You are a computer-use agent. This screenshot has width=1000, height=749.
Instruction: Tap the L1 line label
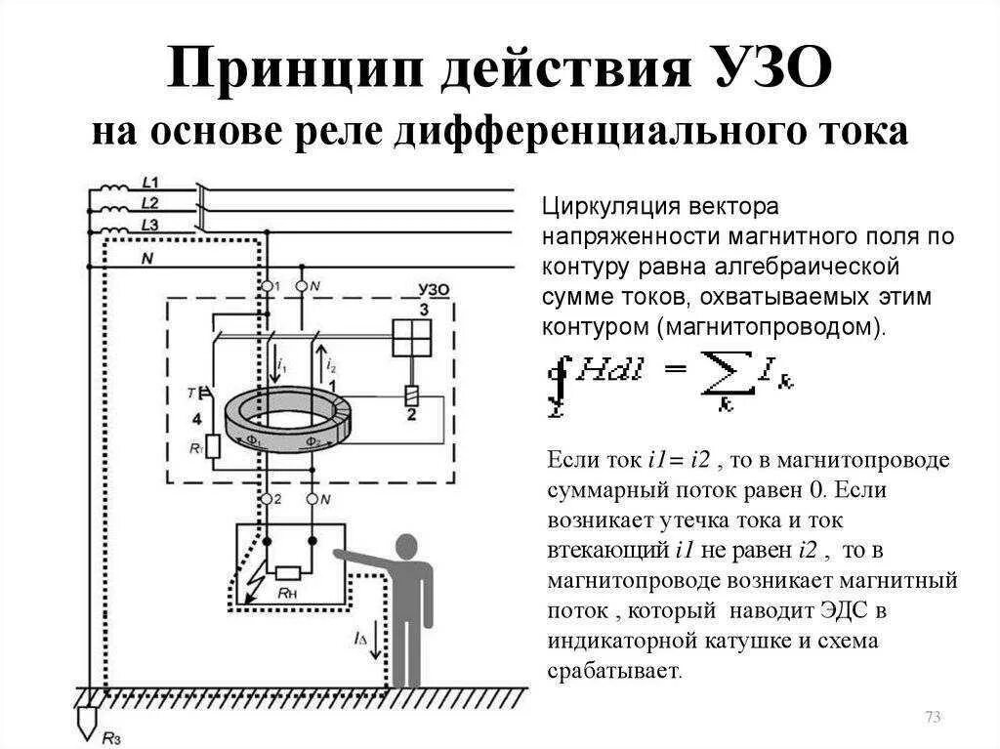pos(150,183)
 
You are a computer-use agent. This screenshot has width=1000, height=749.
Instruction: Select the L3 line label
pos(150,225)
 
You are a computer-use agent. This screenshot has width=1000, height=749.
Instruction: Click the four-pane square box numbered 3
pos(410,339)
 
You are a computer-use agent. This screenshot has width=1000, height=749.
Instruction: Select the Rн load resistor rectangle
pos(288,573)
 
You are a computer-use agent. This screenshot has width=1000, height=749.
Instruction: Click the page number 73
pos(932,718)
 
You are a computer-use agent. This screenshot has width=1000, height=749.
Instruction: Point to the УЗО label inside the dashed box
pos(432,290)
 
